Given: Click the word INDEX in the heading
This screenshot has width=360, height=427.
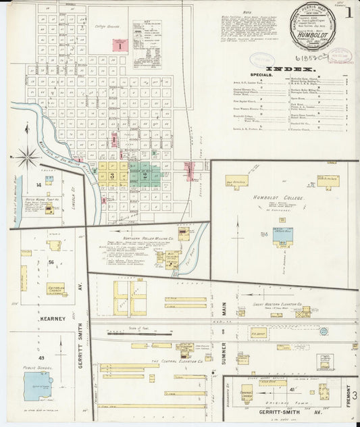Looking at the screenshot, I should (x=290, y=69).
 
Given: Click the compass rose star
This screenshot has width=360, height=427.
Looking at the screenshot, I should (x=28, y=158).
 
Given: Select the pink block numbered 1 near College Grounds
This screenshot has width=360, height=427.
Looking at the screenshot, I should (x=120, y=46).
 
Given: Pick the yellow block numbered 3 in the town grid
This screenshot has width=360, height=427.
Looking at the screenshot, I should (x=113, y=175).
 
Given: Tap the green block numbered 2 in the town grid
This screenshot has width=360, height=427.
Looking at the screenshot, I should (x=144, y=175).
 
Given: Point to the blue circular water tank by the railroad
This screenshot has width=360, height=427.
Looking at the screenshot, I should (x=324, y=332).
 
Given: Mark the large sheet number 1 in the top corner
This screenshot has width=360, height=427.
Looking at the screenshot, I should (x=349, y=11).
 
